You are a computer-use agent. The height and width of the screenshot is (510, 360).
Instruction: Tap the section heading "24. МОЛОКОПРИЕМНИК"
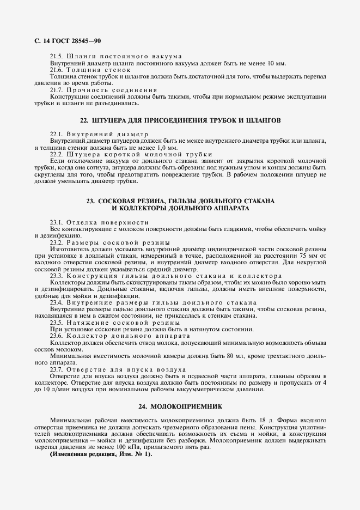coord(180,406)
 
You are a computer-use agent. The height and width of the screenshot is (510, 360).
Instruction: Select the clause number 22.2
coord(57,154)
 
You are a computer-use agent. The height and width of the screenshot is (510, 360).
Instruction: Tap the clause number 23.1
coord(57,222)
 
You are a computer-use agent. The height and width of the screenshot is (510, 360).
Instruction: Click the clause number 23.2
coord(57,242)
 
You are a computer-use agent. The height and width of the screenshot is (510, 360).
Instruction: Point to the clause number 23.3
coord(57,276)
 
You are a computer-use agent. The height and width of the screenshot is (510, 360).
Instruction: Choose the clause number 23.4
coord(57,302)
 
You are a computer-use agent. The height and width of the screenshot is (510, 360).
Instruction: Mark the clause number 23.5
coord(57,322)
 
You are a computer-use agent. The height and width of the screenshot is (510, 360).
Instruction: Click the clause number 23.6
coord(57,335)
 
